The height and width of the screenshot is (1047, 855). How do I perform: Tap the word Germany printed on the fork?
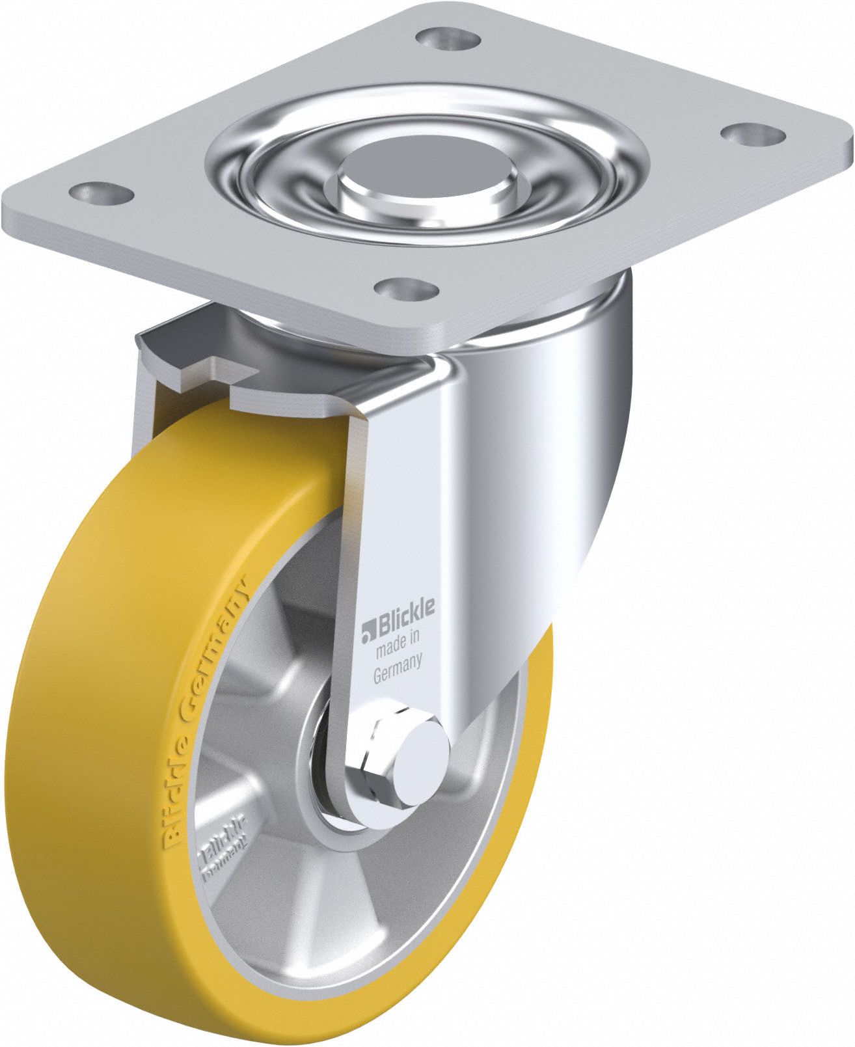coord(399,658)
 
